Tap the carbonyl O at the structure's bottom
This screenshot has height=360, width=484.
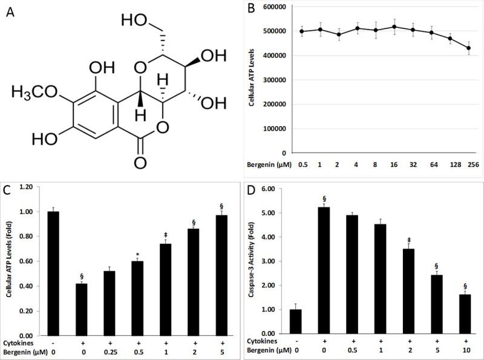point(140,162)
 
